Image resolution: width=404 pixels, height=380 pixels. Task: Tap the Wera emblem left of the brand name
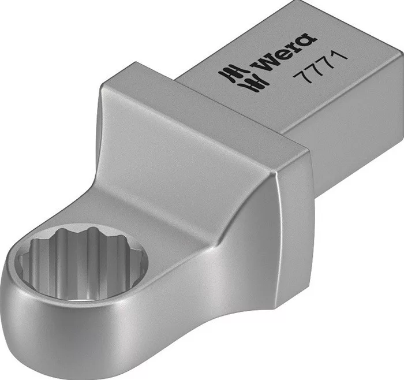click(x=244, y=78)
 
